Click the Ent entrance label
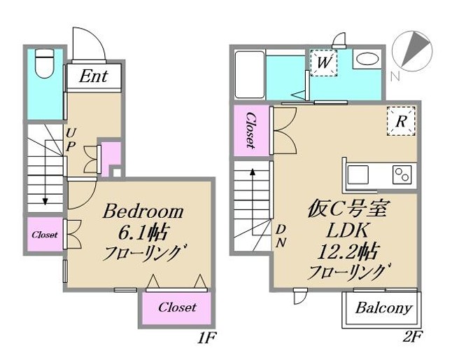[x=93, y=76]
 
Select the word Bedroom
[x=144, y=211]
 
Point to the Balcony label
[x=383, y=307]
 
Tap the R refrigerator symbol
[x=401, y=121]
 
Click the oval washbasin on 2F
[x=365, y=62]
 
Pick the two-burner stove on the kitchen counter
[x=402, y=173]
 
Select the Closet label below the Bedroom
[x=177, y=307]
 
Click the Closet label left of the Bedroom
[x=44, y=235]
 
